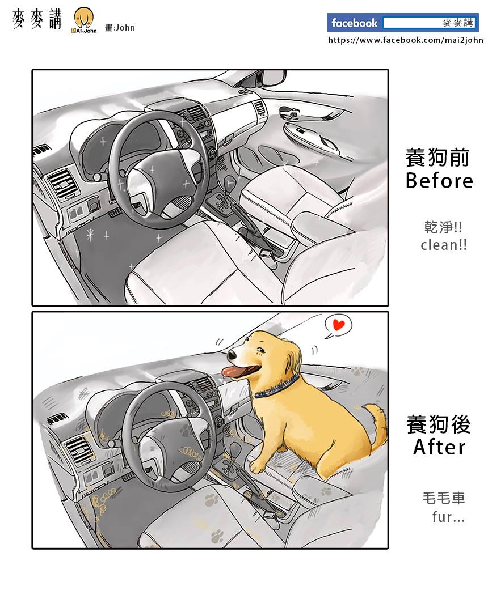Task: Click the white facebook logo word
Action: click(x=355, y=23)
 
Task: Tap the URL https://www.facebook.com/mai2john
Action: click(x=406, y=40)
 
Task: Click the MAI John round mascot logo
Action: click(x=84, y=20)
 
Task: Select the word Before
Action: click(x=439, y=181)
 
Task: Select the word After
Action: click(x=440, y=447)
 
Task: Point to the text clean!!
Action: click(x=444, y=245)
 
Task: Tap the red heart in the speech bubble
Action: click(x=338, y=324)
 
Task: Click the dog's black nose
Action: click(x=232, y=355)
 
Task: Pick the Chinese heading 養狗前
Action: click(x=437, y=158)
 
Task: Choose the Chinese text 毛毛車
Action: click(x=444, y=498)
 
